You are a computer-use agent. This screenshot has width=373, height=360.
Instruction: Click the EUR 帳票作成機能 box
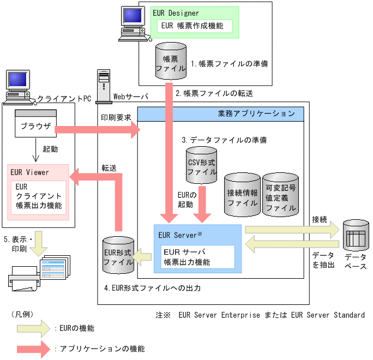[x=195, y=26]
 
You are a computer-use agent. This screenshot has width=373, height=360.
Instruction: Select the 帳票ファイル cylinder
[x=170, y=62]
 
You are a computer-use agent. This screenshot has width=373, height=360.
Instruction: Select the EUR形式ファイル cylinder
[x=118, y=255]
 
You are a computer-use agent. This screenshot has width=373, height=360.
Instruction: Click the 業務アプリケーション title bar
[x=220, y=113]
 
